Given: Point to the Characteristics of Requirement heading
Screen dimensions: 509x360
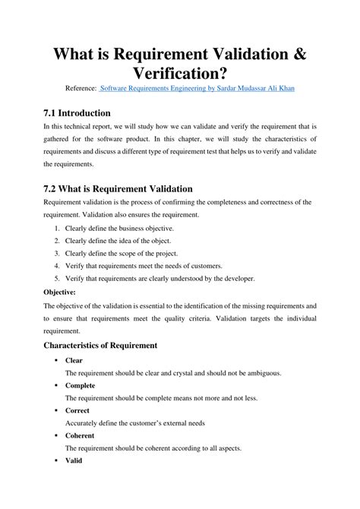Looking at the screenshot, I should [x=100, y=345].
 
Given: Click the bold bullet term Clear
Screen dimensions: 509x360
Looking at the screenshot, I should [x=74, y=361].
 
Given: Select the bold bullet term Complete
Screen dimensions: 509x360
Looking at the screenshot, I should [x=80, y=386].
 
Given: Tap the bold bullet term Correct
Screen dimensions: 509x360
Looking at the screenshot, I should [x=77, y=410].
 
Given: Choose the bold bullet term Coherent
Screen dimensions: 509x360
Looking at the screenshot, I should [x=80, y=435].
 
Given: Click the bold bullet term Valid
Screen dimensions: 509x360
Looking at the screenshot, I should [x=74, y=460].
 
